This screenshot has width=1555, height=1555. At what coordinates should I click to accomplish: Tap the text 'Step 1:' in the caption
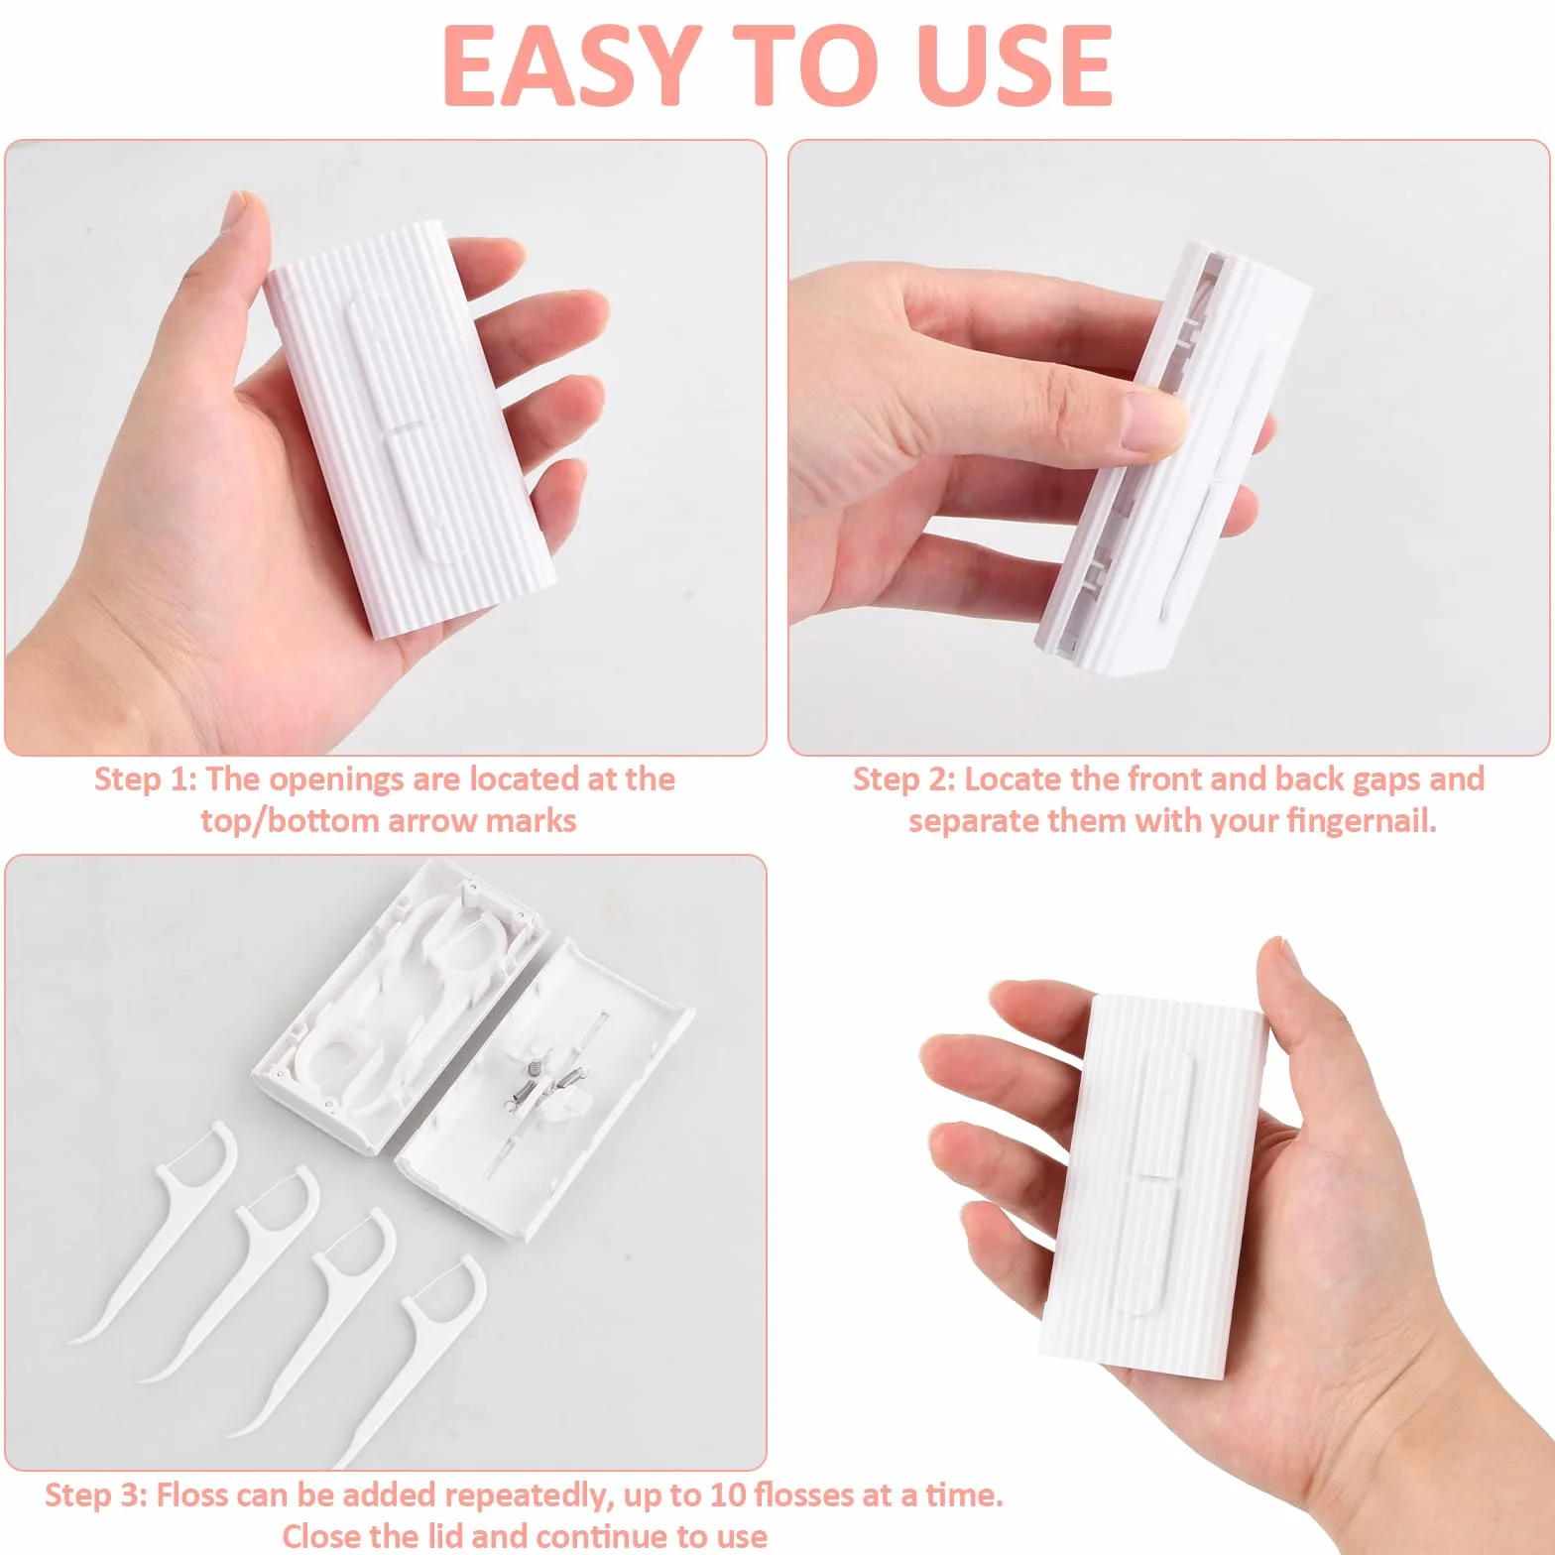146,779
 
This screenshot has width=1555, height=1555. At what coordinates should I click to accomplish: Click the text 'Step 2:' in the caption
904,779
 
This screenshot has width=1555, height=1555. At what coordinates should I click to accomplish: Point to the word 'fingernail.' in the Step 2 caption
1361,821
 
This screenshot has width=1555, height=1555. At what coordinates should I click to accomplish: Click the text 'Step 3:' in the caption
96,1495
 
